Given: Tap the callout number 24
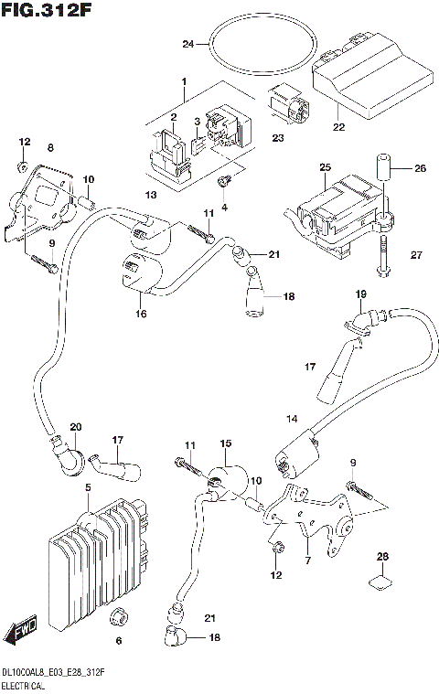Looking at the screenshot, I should point(187,43).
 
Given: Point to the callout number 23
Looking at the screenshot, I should point(277,138).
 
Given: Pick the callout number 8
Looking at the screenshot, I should point(50,147).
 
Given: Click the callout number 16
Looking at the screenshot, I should point(141,314).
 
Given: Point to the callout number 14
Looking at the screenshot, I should point(292,419).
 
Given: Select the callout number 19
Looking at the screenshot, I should point(360,294).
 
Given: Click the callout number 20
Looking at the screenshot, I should point(75,427).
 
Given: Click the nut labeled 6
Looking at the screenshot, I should point(116,617).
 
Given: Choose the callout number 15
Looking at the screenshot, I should point(226,443).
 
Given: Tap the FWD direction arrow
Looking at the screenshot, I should point(20,632).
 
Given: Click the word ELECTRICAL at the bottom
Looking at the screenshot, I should point(26,683).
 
